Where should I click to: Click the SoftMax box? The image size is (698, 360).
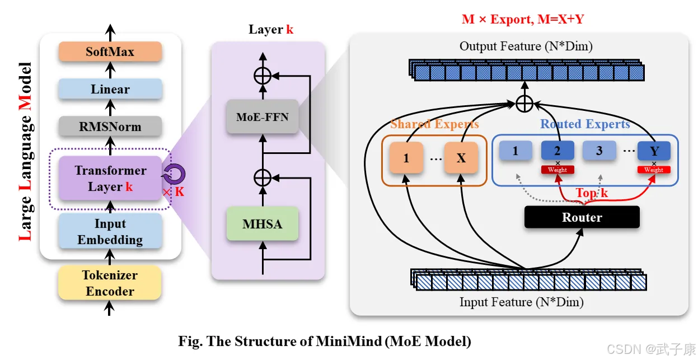coord(110,52)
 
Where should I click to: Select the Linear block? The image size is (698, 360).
coord(110,89)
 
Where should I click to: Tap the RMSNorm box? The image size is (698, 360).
coord(110,127)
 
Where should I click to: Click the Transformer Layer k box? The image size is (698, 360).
coord(110,178)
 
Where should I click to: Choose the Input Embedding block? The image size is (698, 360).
coord(110,231)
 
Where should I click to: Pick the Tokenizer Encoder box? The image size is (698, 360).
coord(110,283)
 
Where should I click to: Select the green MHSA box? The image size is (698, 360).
coord(262,225)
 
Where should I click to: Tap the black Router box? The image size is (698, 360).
coord(582,217)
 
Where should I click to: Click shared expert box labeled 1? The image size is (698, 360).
coord(406,158)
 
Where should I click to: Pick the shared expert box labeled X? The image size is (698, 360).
coord(461,158)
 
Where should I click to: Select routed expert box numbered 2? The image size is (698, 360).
coord(558,151)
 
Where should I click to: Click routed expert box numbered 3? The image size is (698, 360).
coord(599,151)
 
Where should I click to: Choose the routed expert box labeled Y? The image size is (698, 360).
coord(654,151)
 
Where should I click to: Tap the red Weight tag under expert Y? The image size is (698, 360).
coord(653,170)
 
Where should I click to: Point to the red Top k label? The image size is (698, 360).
coord(592,194)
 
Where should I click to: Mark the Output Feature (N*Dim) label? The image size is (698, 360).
coord(526,46)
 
